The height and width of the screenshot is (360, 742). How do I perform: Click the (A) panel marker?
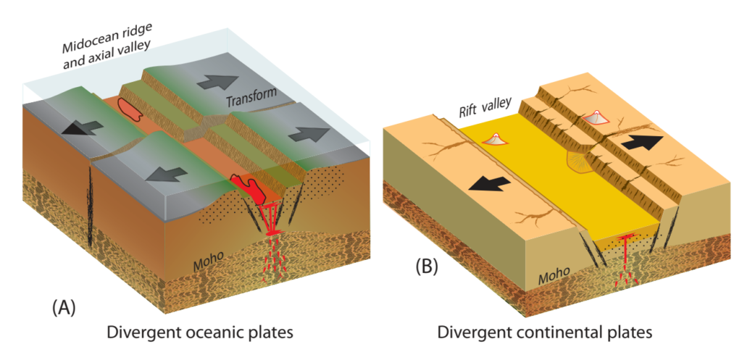click(63, 306)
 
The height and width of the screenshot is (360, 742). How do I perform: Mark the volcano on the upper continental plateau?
click(596, 117)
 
